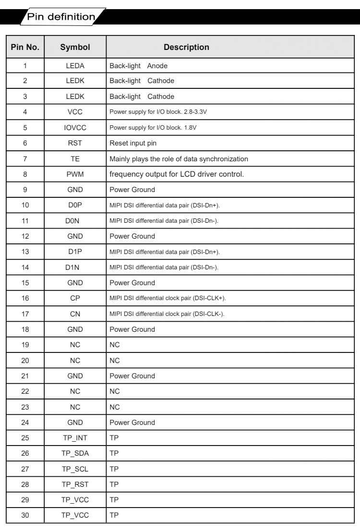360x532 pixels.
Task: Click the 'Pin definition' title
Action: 61,17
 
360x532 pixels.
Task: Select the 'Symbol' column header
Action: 75,48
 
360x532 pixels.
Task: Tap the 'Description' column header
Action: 186,48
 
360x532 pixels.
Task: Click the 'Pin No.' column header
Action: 25,48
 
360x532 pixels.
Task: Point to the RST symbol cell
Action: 75,143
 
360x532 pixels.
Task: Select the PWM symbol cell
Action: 75,174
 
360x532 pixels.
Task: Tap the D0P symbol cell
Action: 75,205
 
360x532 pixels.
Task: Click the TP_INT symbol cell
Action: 75,438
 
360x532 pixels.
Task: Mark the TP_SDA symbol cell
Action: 75,453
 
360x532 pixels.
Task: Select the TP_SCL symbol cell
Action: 75,469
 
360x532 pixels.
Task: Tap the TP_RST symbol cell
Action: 75,484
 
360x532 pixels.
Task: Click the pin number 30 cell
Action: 25,515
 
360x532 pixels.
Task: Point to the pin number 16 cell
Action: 25,298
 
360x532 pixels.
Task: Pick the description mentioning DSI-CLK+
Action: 168,298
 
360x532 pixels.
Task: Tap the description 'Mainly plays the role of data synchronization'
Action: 186,159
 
